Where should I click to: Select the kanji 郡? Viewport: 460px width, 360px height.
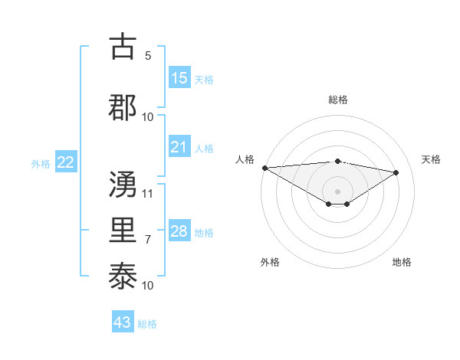coord(123,106)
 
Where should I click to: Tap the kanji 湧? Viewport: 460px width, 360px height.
coord(123,184)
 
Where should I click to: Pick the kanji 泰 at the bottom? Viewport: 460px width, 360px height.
coord(123,276)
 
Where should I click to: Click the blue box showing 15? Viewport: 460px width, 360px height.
coord(179,78)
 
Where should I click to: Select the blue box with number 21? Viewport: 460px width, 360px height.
coord(179,147)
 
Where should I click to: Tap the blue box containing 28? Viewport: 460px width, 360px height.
coord(179,231)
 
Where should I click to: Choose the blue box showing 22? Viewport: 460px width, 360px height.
coord(65,162)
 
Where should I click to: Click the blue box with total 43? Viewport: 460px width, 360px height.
coord(123,322)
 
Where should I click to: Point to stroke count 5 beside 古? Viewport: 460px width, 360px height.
coord(148,56)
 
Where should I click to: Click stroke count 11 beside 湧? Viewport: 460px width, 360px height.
coord(148,193)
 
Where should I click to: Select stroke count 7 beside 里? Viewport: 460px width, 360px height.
coord(148,240)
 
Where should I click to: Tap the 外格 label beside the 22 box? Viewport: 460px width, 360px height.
coord(41,163)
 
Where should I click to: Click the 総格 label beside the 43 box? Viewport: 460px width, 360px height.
coord(147,323)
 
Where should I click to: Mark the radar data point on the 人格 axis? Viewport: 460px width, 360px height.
coord(264,168)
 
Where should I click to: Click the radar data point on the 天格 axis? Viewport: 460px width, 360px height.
coord(396,172)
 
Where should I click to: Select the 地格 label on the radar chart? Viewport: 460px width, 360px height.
coord(402,262)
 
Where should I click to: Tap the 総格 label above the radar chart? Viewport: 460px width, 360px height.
coord(337,100)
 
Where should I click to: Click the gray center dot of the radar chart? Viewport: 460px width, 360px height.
coord(337,190)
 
